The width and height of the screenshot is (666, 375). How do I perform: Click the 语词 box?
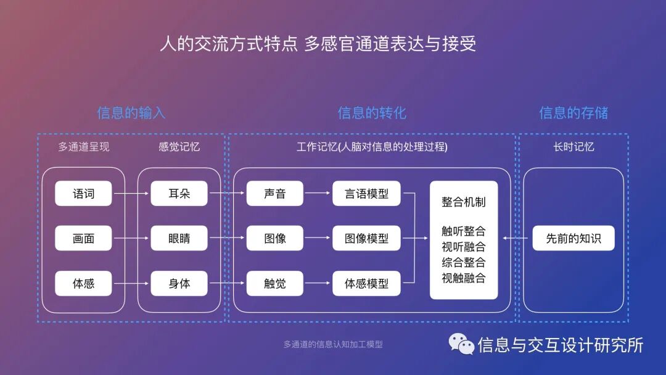point(84,194)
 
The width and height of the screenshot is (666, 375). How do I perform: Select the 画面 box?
point(84,238)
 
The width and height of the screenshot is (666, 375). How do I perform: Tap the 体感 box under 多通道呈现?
point(84,284)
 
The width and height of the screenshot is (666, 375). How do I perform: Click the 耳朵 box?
point(179,194)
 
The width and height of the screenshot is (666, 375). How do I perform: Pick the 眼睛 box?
point(179,238)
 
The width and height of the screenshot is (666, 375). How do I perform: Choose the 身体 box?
point(179,284)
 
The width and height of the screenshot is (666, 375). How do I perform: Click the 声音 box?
point(275,194)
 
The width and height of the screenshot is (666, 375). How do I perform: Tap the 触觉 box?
point(275,284)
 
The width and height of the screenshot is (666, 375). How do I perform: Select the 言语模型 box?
point(366,194)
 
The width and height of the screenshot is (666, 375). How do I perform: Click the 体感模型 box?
point(366,284)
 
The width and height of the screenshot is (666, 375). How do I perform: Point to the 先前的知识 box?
point(573,238)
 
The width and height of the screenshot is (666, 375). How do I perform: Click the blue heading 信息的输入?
point(131,113)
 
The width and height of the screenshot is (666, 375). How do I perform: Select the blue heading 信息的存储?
point(573,113)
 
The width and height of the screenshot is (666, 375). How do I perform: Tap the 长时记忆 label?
point(573,147)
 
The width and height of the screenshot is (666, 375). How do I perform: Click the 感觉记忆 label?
point(179,147)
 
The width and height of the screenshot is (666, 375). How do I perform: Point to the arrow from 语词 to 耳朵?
point(131,194)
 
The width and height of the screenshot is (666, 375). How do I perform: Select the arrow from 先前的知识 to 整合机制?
point(516,238)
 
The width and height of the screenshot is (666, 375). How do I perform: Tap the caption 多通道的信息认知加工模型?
point(333,344)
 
